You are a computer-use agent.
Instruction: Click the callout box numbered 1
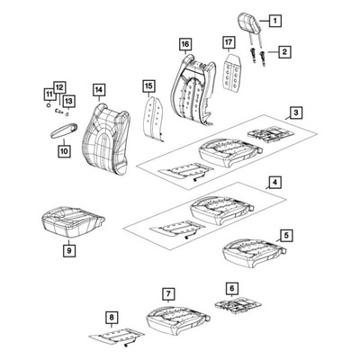[x=274, y=21]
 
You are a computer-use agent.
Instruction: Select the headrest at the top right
[x=249, y=22]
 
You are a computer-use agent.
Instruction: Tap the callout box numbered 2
[x=284, y=52]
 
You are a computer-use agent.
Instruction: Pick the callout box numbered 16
[x=185, y=44]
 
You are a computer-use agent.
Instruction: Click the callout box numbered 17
[x=229, y=42]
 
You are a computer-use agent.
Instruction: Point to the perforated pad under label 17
[x=232, y=71]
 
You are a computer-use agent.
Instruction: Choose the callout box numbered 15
[x=149, y=86]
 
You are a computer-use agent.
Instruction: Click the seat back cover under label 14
[x=105, y=139]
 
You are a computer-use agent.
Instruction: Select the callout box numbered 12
[x=59, y=87]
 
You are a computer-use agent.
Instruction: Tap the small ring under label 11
[x=48, y=105]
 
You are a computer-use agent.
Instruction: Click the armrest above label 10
[x=64, y=130]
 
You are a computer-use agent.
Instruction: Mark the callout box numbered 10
[x=64, y=151]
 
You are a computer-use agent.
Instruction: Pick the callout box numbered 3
[x=296, y=112]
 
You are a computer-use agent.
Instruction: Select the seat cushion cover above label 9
[x=72, y=221]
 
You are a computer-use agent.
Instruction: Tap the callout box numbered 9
[x=69, y=250]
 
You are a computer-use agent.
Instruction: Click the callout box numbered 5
[x=286, y=236]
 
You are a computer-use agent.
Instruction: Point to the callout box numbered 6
[x=232, y=288]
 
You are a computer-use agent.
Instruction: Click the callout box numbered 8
[x=112, y=317]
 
